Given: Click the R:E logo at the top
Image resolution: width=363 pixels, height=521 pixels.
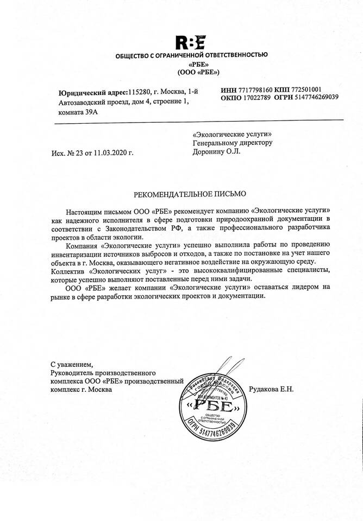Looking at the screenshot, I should [190, 42].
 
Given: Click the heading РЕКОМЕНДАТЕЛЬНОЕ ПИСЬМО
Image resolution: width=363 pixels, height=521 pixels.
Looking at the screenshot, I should [190, 194].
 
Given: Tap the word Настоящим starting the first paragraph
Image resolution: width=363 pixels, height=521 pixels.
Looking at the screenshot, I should [85, 210].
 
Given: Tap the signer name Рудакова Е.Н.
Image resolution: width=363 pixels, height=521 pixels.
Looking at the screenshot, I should [270, 389].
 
